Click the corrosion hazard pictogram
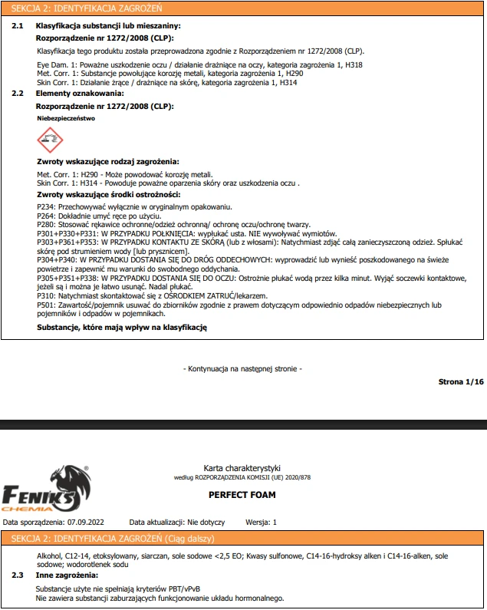[x=51, y=140]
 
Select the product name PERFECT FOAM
[x=242, y=495]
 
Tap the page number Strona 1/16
[x=460, y=381]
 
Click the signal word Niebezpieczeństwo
[x=66, y=120]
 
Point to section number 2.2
[x=18, y=93]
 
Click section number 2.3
[x=18, y=575]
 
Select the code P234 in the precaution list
[x=45, y=207]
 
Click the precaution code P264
[x=45, y=216]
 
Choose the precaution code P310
[x=45, y=295]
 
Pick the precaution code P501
[x=45, y=305]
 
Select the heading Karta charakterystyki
[x=242, y=467]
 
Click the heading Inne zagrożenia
[x=67, y=575]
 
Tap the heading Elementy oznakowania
[x=80, y=93]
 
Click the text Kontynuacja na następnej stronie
[x=243, y=369]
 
